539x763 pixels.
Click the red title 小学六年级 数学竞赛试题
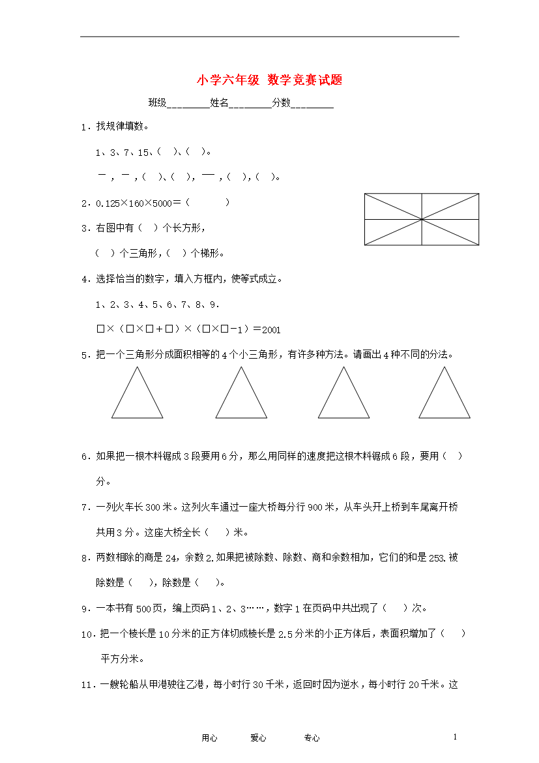point(269,80)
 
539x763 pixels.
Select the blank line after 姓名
point(250,104)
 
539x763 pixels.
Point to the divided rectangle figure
point(422,219)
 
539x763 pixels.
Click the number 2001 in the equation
point(271,330)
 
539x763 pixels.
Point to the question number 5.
point(84,356)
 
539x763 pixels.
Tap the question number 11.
point(87,685)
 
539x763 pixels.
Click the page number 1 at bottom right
point(456,736)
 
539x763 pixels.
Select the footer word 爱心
point(258,738)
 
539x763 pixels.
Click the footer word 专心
point(312,738)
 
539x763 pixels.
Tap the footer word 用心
point(209,738)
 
